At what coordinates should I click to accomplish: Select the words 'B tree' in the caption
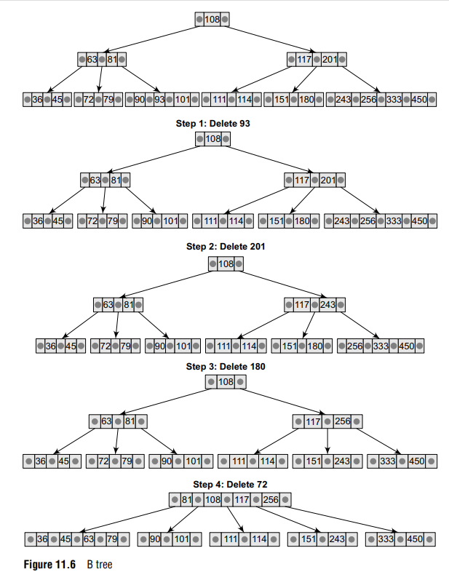[x=100, y=564]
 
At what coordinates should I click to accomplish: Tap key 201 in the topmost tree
[x=330, y=59]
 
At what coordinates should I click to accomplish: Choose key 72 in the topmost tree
[x=89, y=99]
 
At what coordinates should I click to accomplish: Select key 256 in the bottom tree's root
[x=271, y=500]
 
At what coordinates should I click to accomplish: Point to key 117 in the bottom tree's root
[x=242, y=500]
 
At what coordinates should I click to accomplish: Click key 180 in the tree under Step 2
[x=314, y=346]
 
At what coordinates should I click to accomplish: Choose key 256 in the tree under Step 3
[x=342, y=421]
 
